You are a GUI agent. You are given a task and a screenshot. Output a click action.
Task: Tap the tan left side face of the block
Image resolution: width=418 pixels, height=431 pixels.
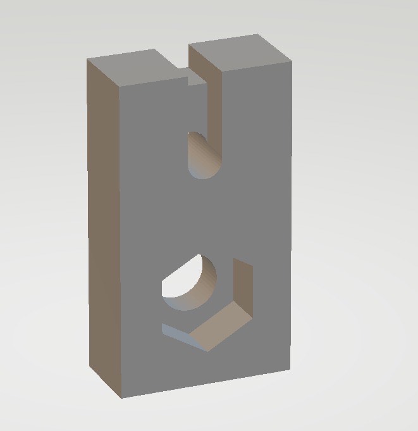click(x=103, y=228)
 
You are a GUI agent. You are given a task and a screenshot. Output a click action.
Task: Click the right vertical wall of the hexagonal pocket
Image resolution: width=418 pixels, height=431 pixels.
click(x=244, y=285)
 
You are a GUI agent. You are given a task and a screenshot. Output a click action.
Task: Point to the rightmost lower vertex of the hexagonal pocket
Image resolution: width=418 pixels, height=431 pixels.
click(x=253, y=315)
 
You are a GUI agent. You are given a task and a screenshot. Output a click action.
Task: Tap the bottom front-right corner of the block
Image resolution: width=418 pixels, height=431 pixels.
click(x=290, y=370)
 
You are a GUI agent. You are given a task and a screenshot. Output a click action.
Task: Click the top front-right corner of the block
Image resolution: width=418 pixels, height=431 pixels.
click(x=292, y=63)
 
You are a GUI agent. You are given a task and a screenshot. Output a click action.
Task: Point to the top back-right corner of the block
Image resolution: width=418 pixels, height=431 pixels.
click(x=258, y=34)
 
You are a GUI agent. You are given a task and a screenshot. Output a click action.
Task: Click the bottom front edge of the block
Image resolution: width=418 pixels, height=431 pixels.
click(x=206, y=384)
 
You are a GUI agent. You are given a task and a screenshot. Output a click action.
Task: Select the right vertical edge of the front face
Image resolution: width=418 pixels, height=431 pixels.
click(x=291, y=222)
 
